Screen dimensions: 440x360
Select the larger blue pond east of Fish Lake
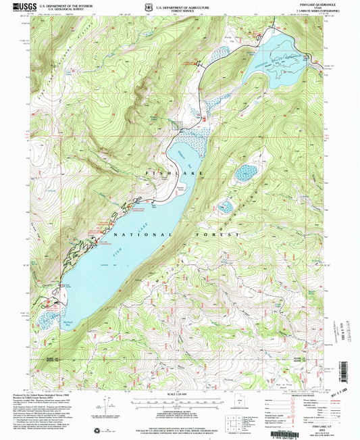coord(245,173)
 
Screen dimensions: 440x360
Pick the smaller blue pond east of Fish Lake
coord(226,206)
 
